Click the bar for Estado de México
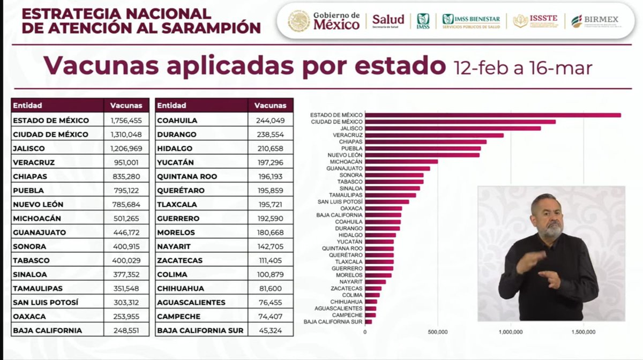(x=493, y=115)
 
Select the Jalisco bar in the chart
(x=453, y=128)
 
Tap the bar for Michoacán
(x=401, y=161)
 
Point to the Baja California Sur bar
(x=368, y=321)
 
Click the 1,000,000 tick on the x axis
(x=511, y=332)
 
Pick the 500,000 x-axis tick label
(x=438, y=332)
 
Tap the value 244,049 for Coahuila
(x=270, y=121)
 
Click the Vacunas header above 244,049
(x=270, y=106)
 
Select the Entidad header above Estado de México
(x=28, y=106)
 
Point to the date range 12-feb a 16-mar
(x=522, y=68)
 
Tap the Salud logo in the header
(x=388, y=21)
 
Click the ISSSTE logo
(x=535, y=21)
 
